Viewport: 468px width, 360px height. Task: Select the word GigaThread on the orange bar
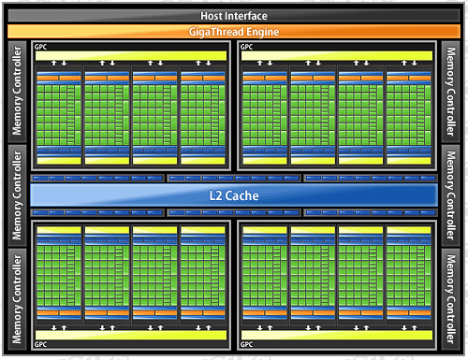click(x=216, y=32)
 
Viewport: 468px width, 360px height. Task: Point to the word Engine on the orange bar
click(x=263, y=32)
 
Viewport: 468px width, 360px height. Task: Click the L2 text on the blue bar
click(x=215, y=195)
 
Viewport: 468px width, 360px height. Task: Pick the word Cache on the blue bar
click(x=242, y=195)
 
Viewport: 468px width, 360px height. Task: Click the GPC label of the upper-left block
click(x=40, y=47)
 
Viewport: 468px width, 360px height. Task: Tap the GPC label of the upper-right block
click(x=246, y=47)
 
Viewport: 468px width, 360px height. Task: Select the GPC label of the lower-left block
click(x=40, y=344)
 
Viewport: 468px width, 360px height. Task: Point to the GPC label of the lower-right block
click(x=246, y=344)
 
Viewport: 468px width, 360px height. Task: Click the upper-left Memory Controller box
click(x=17, y=91)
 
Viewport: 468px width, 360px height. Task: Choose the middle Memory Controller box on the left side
click(x=17, y=195)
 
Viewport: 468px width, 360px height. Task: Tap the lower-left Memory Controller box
click(x=17, y=299)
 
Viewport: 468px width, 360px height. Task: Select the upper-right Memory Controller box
click(x=450, y=91)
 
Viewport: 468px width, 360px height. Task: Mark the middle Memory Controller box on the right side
click(x=450, y=195)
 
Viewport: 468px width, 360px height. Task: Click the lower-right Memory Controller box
click(x=450, y=299)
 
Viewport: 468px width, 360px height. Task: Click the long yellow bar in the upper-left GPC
click(x=131, y=56)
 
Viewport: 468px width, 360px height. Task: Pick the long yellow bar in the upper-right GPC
click(x=337, y=56)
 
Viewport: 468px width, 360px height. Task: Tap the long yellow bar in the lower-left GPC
click(x=131, y=335)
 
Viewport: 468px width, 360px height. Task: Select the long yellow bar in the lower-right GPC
click(x=337, y=335)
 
